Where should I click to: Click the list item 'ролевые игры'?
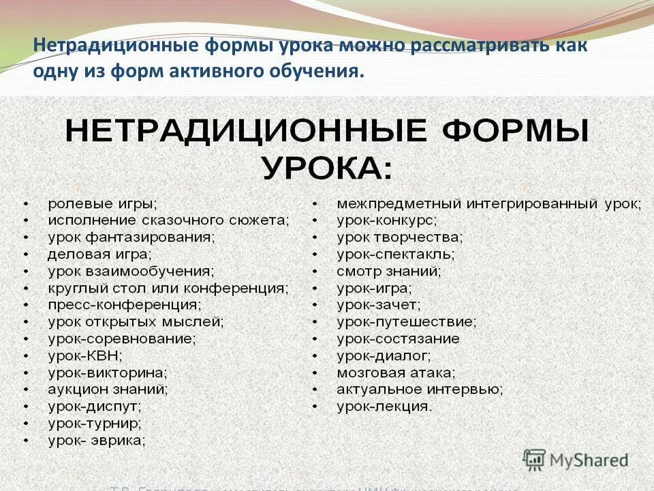coord(102,204)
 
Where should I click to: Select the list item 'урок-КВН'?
coord(85,355)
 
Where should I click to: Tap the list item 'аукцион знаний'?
coord(108,389)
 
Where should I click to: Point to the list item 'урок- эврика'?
coord(97,441)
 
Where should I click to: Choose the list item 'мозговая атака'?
coord(396,373)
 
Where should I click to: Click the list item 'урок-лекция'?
coord(384,407)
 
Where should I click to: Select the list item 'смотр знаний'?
coord(389,271)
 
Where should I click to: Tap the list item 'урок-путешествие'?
coord(406,322)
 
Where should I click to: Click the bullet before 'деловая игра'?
coord(25,255)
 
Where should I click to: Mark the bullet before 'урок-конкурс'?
coord(315,221)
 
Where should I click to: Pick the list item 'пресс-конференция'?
coord(125,305)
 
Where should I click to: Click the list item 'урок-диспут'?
coord(95,406)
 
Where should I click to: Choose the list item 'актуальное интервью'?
coord(420,390)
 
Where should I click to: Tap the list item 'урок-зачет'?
coord(379,305)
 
